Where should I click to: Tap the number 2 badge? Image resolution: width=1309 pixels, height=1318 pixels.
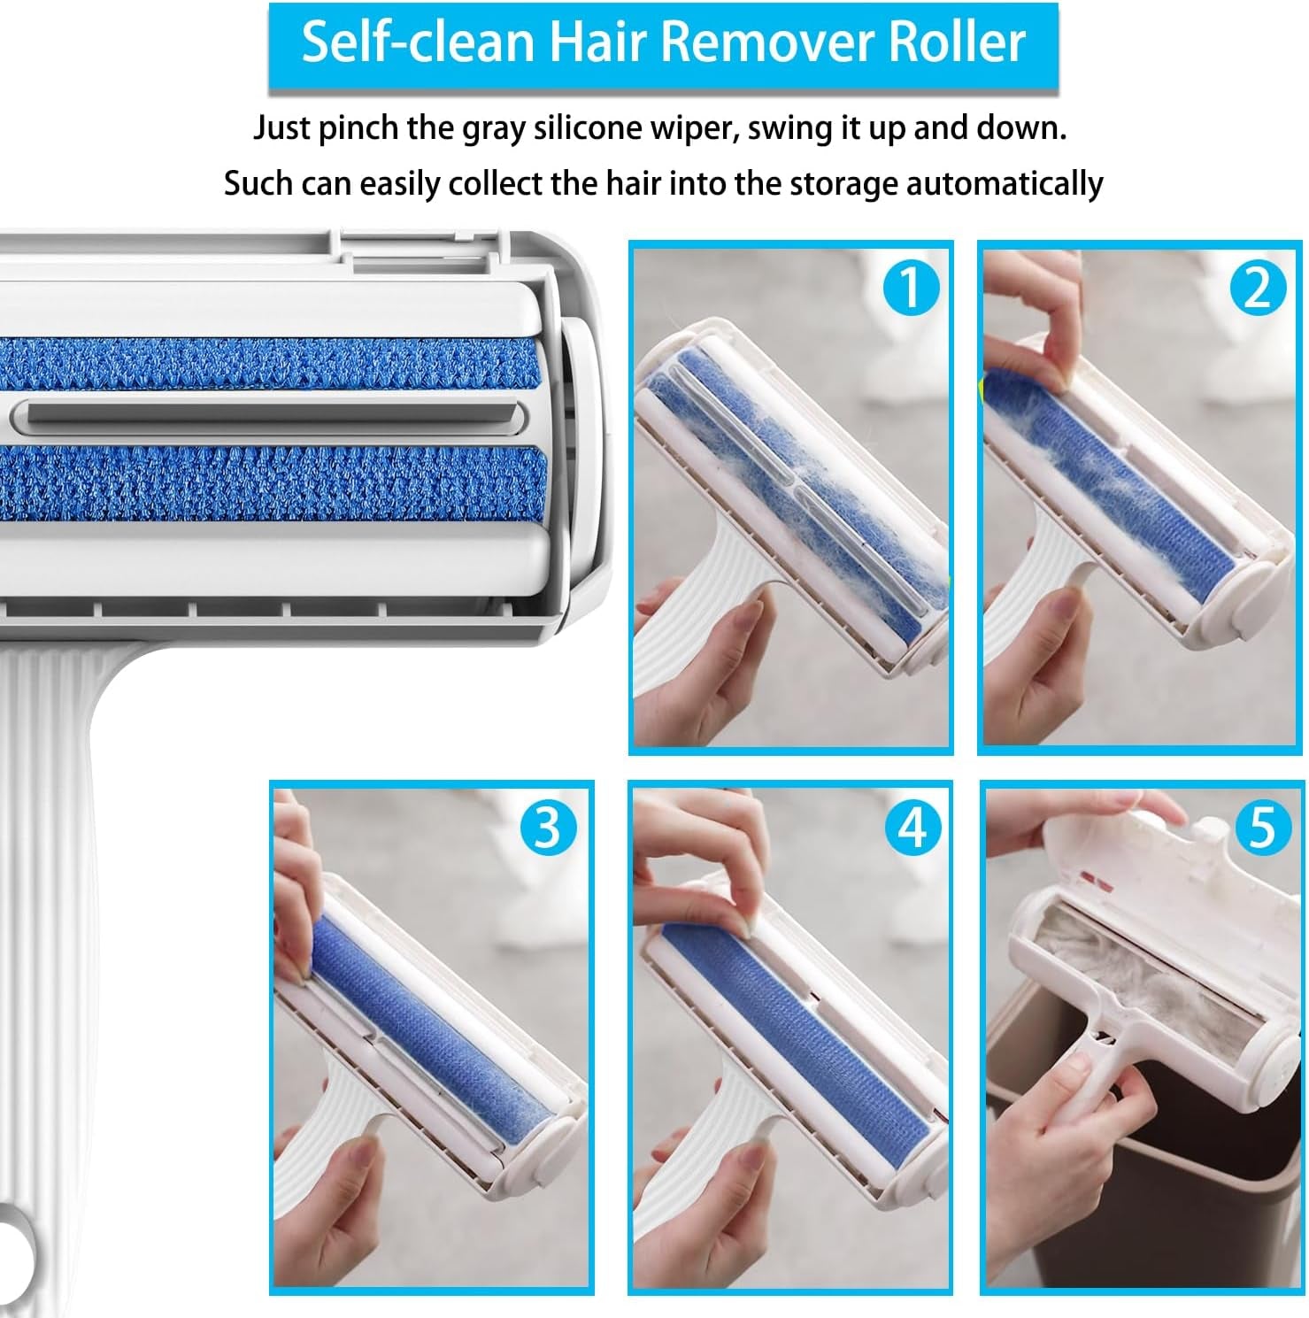1258,289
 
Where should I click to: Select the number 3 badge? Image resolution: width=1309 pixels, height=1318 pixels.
548,828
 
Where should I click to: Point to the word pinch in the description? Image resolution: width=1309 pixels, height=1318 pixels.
358,128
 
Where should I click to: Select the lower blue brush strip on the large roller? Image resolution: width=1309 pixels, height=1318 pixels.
266,482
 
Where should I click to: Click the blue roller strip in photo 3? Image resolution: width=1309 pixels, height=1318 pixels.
425,1018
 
